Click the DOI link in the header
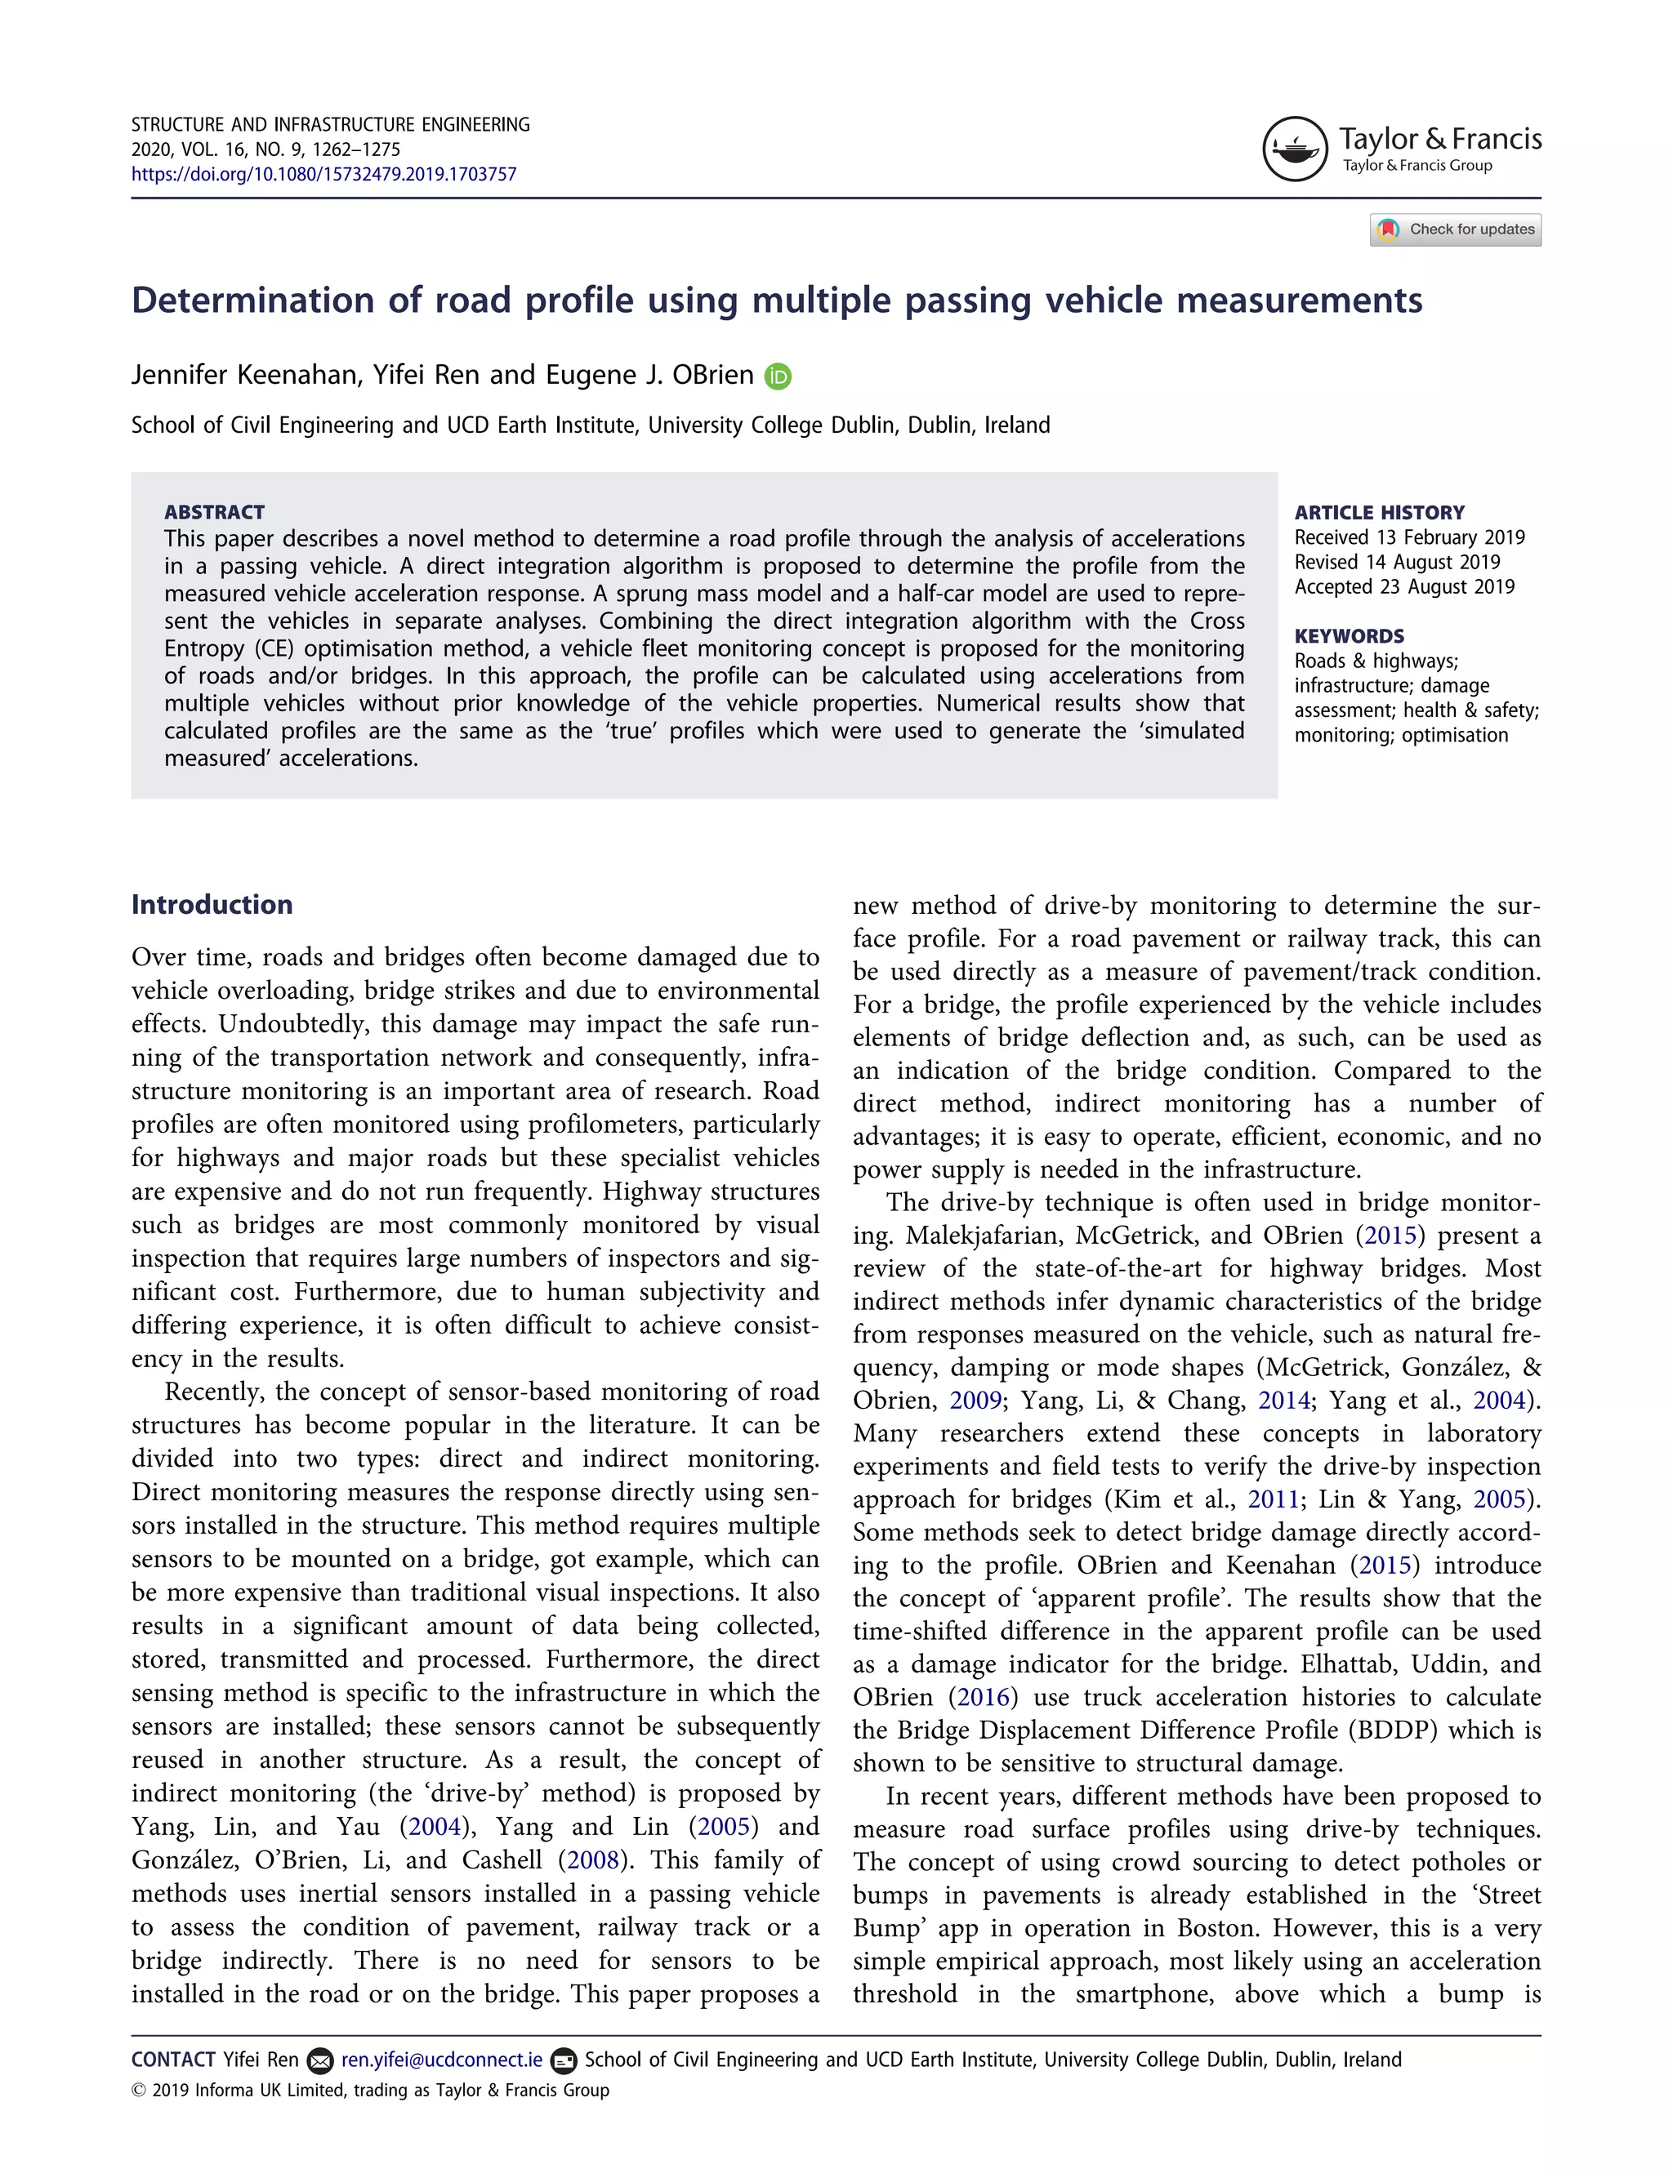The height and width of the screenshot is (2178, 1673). [323, 174]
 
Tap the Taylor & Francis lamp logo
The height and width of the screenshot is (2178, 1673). [1295, 149]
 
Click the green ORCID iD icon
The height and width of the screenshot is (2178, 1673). [778, 376]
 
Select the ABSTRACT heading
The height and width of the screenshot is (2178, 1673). [214, 512]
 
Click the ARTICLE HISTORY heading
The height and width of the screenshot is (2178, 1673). [1379, 513]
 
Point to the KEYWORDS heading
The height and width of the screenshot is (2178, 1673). [1350, 636]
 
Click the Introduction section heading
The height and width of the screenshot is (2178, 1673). [212, 904]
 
